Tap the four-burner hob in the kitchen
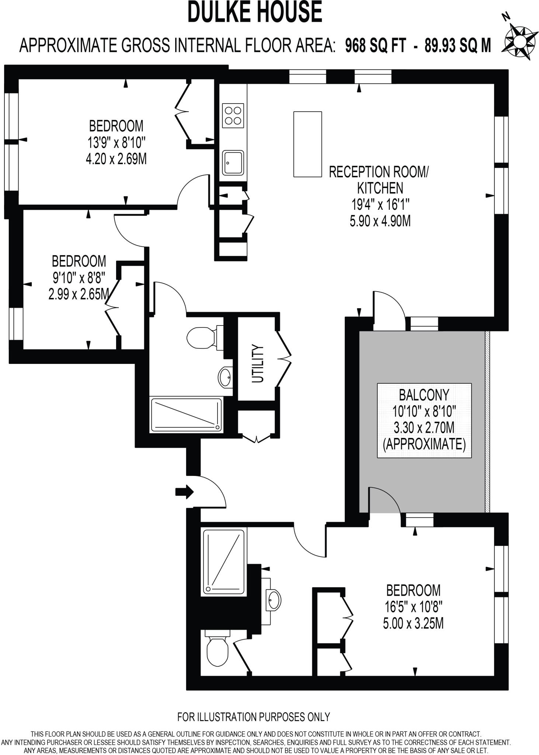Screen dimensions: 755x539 [x=233, y=115]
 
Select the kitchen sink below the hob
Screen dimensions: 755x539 [x=233, y=163]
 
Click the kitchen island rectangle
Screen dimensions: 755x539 [x=307, y=144]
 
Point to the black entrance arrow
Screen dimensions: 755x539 [x=185, y=491]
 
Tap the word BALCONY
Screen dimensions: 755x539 [x=424, y=395]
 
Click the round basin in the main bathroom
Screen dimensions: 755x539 [x=225, y=377]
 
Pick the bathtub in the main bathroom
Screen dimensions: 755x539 [x=187, y=415]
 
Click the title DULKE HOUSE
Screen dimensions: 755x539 [x=255, y=12]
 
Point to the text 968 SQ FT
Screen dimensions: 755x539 [x=376, y=46]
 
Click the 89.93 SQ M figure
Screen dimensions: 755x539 [x=458, y=46]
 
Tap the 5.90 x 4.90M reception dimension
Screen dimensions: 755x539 [x=380, y=221]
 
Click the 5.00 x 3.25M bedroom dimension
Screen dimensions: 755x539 [x=413, y=623]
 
